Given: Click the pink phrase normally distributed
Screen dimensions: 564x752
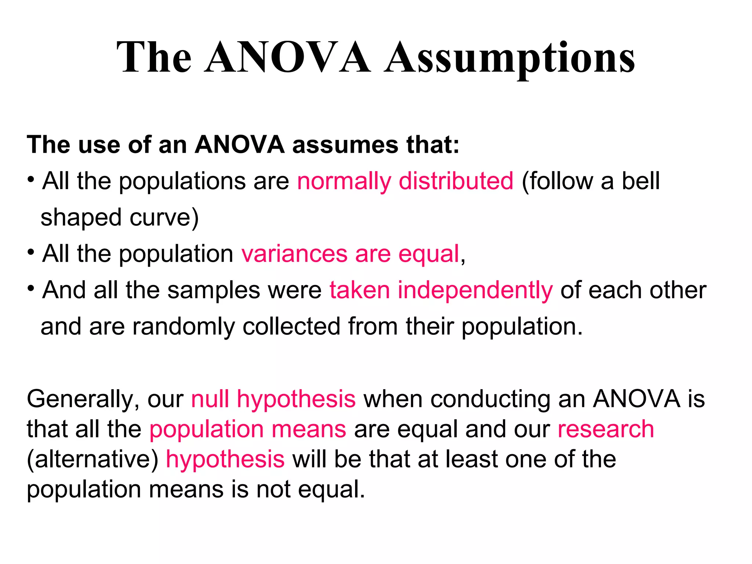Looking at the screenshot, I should click(x=405, y=181).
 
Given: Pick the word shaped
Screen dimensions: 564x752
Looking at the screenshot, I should click(x=81, y=218).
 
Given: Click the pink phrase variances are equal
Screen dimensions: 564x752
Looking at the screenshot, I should click(x=350, y=254).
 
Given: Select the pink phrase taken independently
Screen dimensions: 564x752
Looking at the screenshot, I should click(x=441, y=290).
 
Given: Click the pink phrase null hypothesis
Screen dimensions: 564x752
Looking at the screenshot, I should click(x=273, y=399).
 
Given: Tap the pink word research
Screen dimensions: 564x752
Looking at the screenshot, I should click(x=606, y=429).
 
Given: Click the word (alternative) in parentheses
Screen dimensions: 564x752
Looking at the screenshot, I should click(x=93, y=459).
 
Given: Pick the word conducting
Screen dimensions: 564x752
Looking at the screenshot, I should click(x=490, y=399).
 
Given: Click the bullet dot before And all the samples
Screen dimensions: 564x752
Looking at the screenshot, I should click(x=31, y=288).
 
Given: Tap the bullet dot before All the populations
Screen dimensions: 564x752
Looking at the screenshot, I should click(x=31, y=180).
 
